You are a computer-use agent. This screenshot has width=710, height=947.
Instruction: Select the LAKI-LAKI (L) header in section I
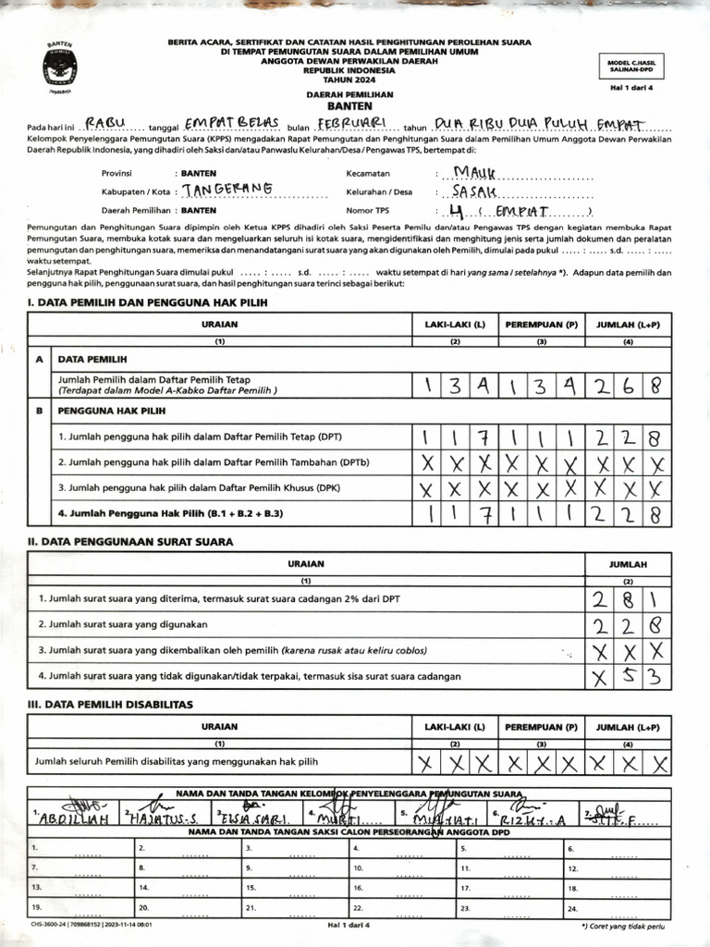coord(455,325)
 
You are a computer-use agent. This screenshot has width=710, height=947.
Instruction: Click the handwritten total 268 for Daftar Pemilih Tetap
coord(629,385)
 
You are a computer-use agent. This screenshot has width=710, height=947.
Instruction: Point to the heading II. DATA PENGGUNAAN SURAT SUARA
coord(130,541)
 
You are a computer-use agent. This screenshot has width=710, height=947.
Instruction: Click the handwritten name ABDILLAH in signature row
coord(74,819)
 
